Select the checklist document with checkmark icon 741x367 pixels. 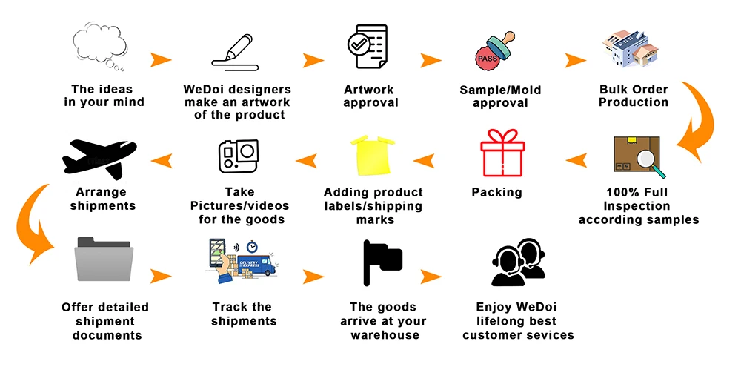[x=367, y=47]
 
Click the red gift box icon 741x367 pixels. [x=502, y=153]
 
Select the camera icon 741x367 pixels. [x=239, y=156]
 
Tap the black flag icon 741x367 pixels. [x=382, y=262]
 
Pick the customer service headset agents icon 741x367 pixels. [x=519, y=262]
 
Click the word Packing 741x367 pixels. [x=496, y=193]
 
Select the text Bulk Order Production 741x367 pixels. [x=634, y=96]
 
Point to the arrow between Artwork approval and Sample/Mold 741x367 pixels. [x=432, y=60]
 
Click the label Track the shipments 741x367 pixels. [x=244, y=314]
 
